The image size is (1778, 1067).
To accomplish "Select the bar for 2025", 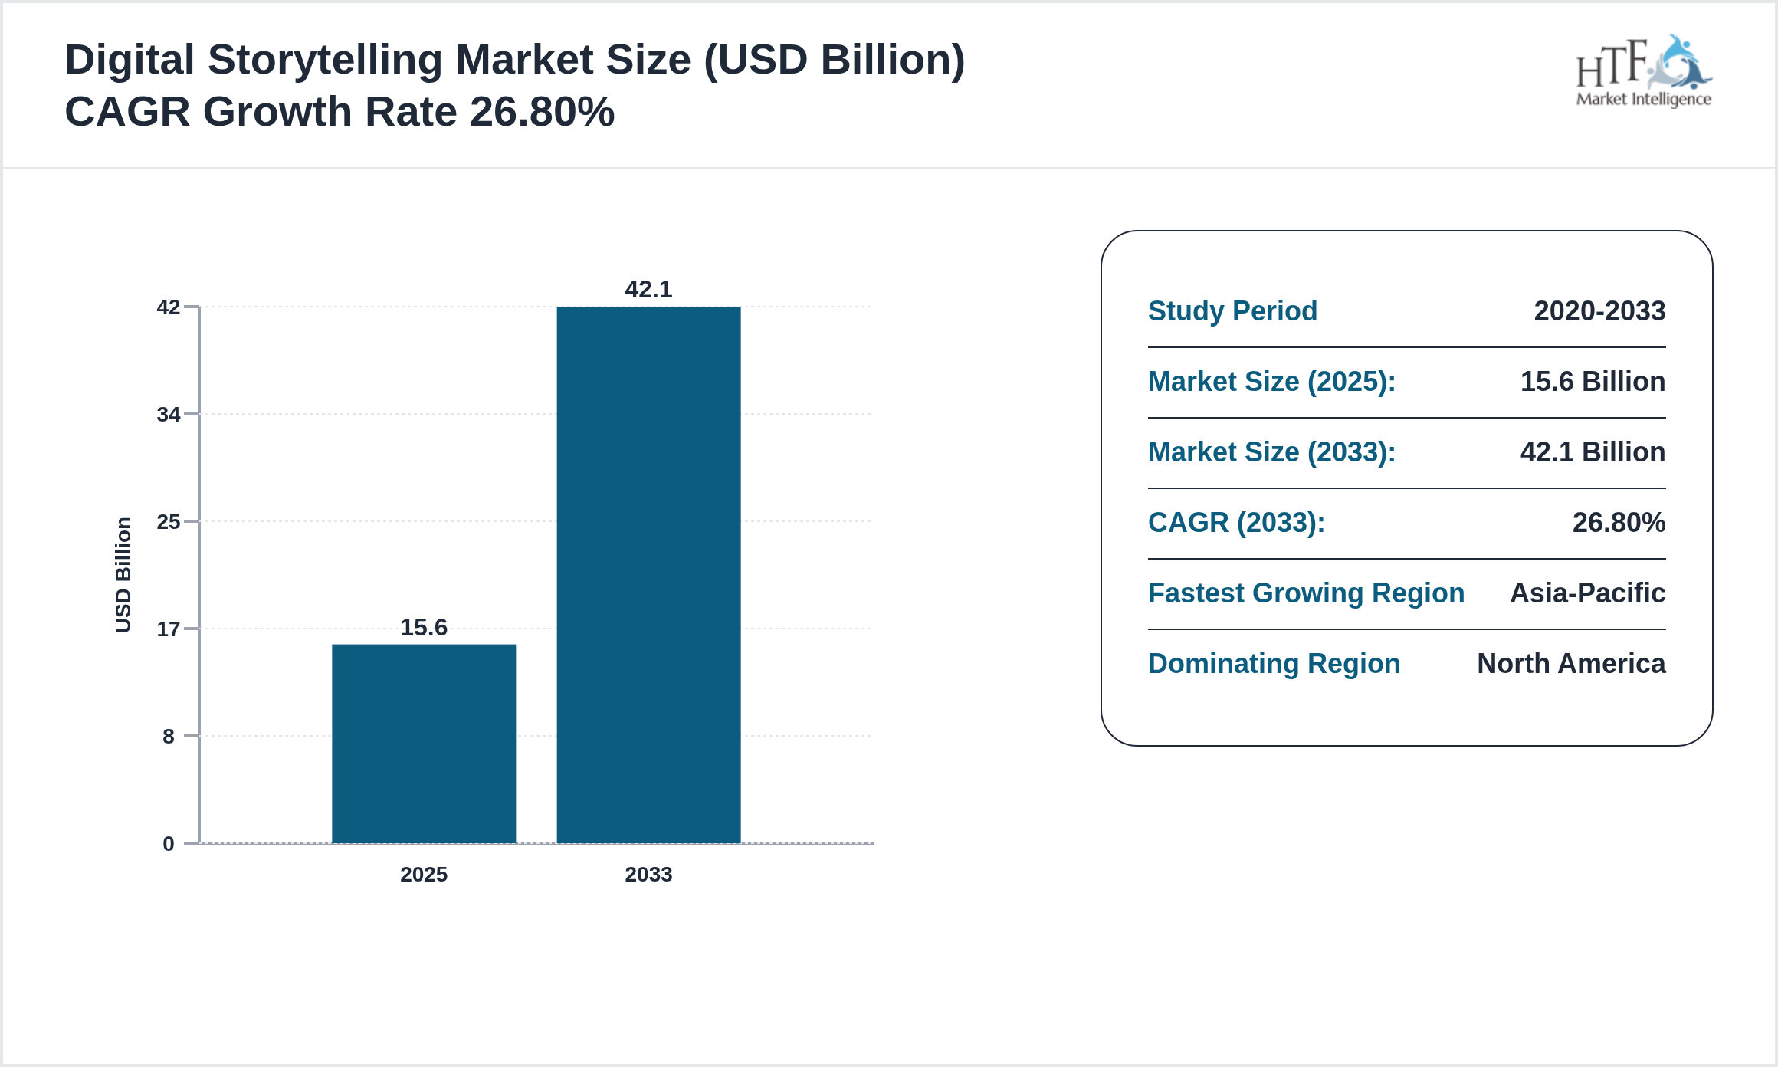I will coord(424,744).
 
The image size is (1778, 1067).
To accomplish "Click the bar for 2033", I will coord(648,575).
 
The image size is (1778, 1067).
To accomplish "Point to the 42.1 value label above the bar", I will coord(648,290).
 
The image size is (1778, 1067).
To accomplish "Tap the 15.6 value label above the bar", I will coord(424,628).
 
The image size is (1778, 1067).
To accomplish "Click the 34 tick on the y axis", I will coord(169,415).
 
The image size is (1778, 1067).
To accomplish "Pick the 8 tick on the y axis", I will coord(169,737).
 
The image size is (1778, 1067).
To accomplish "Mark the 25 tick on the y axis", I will coord(169,522).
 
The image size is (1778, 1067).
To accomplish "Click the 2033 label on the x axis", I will coord(648,875).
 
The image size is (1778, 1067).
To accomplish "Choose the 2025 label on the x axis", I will coord(424,875).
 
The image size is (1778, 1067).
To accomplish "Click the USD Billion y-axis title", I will coord(123,575).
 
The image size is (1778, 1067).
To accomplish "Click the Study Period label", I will coord(1232,311).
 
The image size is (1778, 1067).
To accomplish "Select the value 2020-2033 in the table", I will coord(1599,311).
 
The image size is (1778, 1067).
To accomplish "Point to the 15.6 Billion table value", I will coord(1593,382).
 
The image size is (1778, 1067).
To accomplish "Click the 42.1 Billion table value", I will coord(1593,452).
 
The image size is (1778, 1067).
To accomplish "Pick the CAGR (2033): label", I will coord(1236,523).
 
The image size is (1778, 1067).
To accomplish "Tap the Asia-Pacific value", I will coord(1587,593).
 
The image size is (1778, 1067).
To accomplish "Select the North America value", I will coord(1571,664).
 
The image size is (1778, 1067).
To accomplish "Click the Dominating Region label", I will coord(1274,664).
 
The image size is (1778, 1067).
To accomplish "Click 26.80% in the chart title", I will coord(542,112).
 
